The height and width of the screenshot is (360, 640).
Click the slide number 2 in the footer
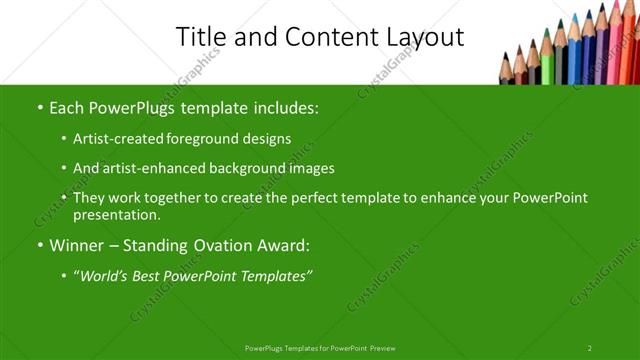[x=589, y=348]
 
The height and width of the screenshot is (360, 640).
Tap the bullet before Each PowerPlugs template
[x=40, y=106]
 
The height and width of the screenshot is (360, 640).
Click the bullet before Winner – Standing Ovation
[x=40, y=246]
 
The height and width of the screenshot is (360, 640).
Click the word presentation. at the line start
[x=116, y=215]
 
